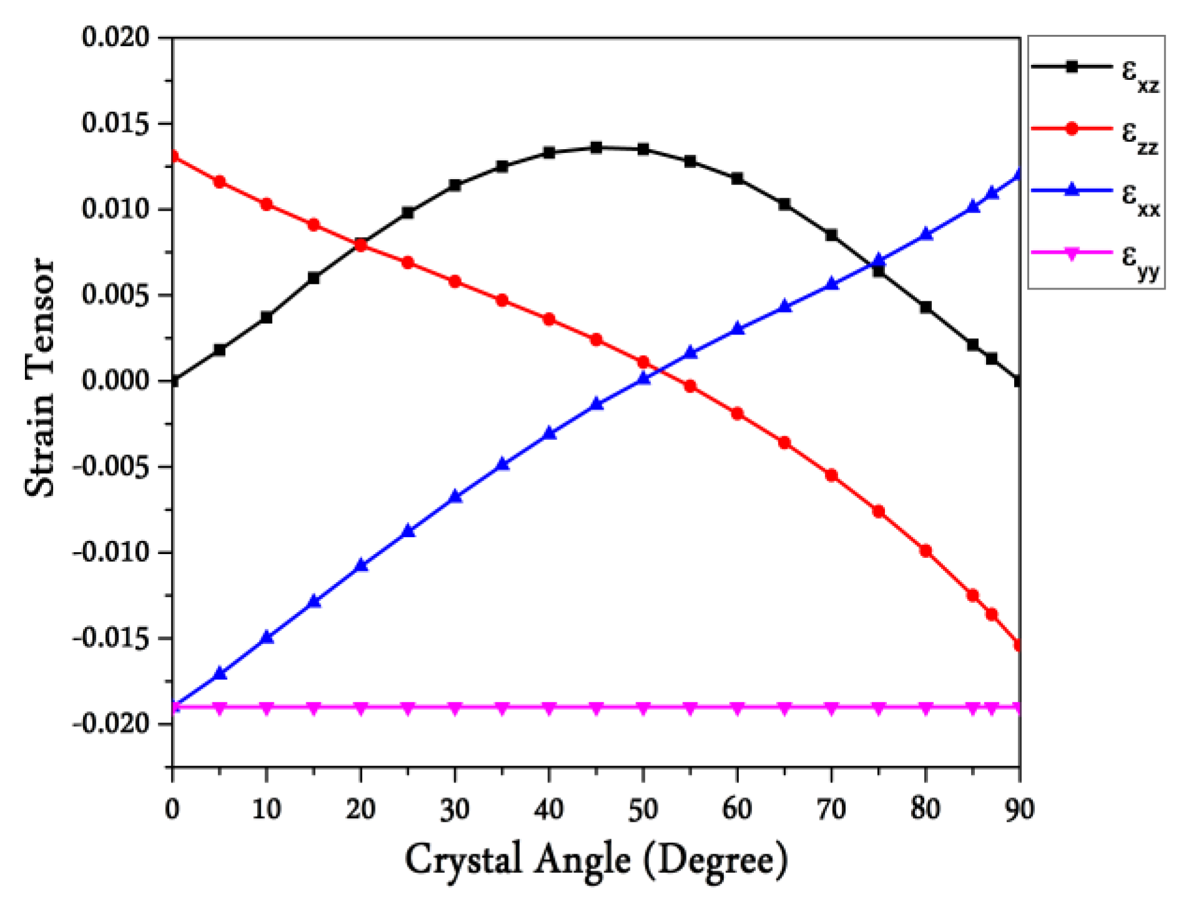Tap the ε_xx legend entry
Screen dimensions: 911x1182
point(1096,192)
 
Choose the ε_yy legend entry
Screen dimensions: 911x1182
point(1096,255)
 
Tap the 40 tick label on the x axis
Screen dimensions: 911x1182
point(549,809)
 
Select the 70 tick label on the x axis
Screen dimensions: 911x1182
point(831,809)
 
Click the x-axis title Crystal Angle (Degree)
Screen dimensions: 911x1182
point(596,860)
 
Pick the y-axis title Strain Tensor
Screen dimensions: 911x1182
point(40,378)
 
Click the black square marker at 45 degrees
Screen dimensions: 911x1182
point(596,148)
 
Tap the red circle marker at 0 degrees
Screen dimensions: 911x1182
point(173,156)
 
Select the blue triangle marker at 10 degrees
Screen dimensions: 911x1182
point(267,637)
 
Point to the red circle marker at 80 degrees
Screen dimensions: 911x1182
point(926,551)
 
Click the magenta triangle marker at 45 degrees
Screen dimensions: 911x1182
point(596,708)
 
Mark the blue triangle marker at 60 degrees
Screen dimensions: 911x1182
point(738,328)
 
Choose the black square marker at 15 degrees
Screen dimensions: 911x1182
point(313,278)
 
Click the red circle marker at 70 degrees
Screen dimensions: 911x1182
point(831,475)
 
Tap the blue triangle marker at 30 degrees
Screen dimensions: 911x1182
point(456,497)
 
